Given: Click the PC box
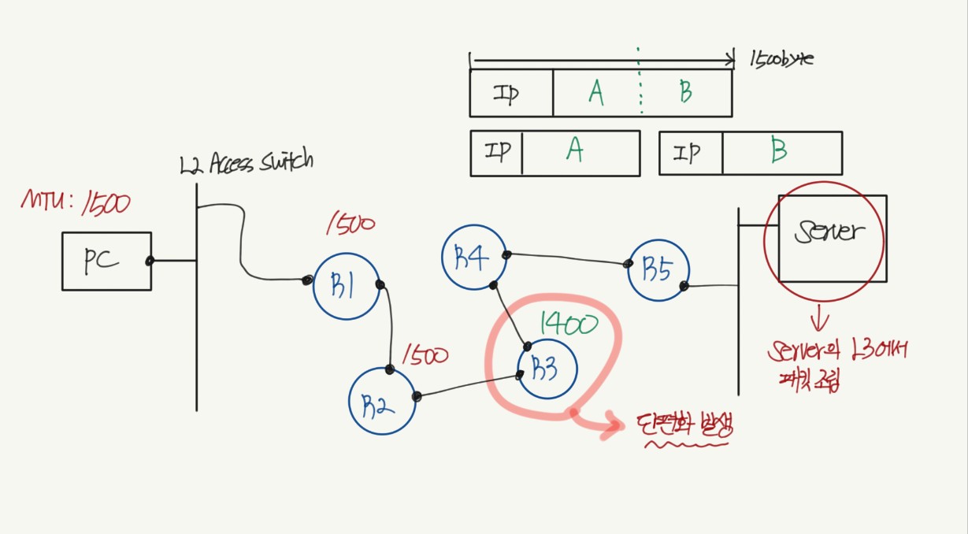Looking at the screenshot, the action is tap(106, 261).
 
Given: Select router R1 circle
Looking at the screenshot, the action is tap(347, 287).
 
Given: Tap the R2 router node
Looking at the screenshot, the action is tap(382, 401).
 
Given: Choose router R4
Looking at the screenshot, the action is tap(473, 258).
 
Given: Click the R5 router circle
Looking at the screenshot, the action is tap(658, 269).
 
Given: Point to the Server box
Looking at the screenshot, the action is tap(831, 238).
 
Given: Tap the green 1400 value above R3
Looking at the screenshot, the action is tap(569, 323).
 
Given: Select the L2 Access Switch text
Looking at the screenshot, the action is tap(246, 163).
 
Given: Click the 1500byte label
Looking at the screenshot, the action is tap(781, 60).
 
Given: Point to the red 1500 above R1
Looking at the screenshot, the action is tap(350, 224).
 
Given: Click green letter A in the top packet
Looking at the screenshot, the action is tap(596, 94).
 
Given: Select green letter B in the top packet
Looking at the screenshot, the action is tap(685, 93).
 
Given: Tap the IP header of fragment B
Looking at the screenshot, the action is tap(689, 153).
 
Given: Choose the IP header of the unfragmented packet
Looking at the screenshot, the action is tap(506, 94).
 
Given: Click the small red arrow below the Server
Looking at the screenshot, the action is tap(821, 320).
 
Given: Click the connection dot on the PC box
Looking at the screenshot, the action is tap(149, 261).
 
